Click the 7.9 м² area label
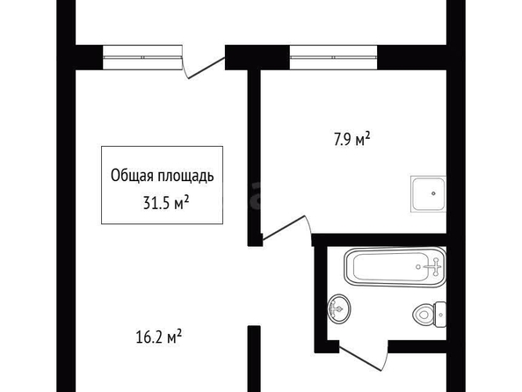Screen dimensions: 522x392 point(352,139)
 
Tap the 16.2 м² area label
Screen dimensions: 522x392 point(159,337)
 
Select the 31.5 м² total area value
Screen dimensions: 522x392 point(166,202)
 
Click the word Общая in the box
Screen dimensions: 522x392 point(132,176)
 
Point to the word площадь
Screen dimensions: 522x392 point(185,177)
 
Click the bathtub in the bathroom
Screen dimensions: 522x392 point(395,267)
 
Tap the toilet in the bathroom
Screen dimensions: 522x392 point(430,314)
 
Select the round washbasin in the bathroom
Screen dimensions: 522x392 point(339,309)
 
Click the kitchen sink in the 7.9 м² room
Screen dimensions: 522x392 point(428,194)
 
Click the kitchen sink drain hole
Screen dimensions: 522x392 point(433,193)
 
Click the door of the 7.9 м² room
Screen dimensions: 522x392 point(287,228)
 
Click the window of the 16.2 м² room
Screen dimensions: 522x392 point(142,57)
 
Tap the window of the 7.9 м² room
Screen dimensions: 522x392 point(333,57)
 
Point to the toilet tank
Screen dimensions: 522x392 point(441,315)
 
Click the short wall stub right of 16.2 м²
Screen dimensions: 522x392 point(254,359)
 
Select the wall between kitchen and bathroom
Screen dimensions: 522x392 point(379,240)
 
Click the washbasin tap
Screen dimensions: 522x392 point(336,309)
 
